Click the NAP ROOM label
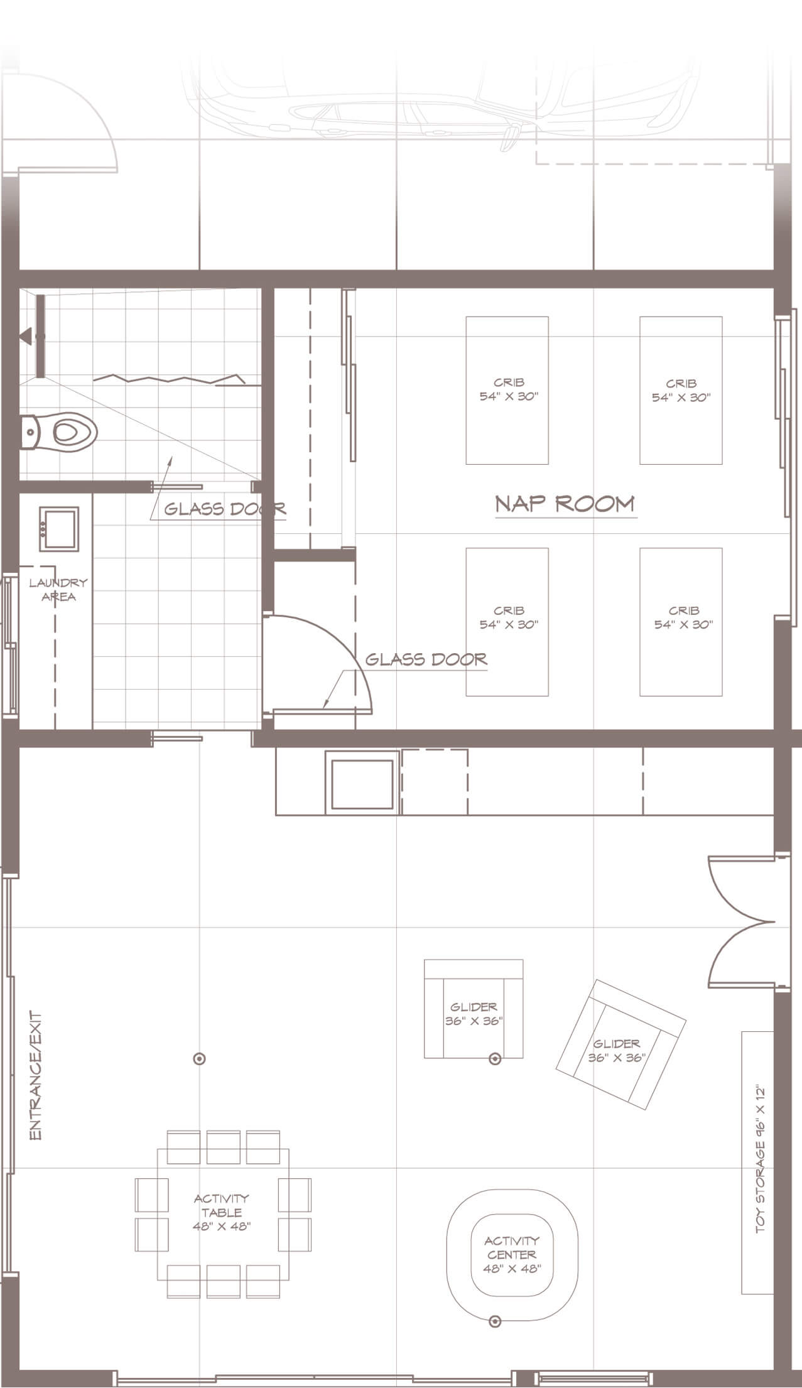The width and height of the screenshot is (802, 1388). point(565,504)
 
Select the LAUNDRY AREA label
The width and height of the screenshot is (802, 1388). point(58,590)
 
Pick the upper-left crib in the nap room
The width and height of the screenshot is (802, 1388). point(507,390)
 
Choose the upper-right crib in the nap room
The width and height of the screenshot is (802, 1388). point(681,390)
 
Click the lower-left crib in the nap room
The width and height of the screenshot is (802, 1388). point(507,622)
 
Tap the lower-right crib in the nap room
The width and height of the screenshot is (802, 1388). point(681,622)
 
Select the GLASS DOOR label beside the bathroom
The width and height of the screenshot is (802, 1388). point(225,508)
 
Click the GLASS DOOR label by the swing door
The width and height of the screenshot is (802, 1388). point(426,659)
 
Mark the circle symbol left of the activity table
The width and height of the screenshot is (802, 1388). point(200,1059)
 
